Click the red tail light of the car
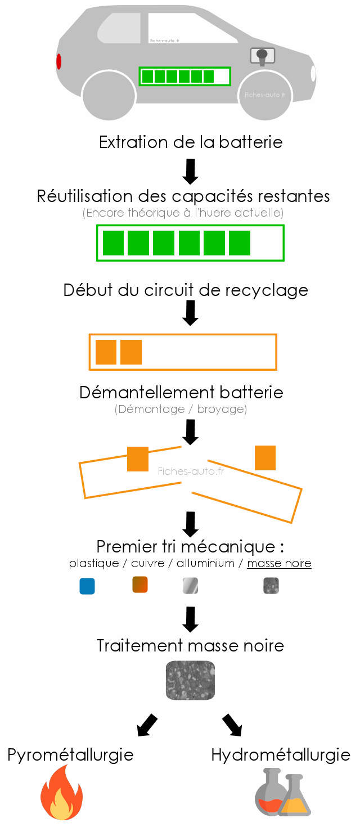click(x=58, y=61)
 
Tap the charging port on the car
click(x=262, y=56)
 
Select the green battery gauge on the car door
click(x=185, y=76)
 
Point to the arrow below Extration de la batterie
click(x=191, y=171)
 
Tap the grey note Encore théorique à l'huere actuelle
click(x=183, y=213)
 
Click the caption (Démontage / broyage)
click(x=181, y=409)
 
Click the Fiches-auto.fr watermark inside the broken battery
click(x=191, y=471)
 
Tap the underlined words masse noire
click(x=279, y=563)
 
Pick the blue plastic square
click(x=87, y=586)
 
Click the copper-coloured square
click(x=139, y=585)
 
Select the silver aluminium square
click(x=190, y=586)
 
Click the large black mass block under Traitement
click(x=191, y=680)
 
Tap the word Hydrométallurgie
click(x=281, y=754)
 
